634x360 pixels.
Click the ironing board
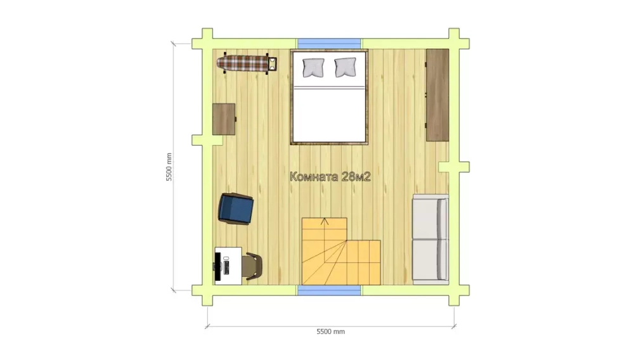[247, 63]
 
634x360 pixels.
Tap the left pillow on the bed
[313, 67]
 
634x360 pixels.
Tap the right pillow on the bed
[346, 67]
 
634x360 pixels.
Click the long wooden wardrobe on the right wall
[437, 95]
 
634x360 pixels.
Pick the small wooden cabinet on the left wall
[224, 119]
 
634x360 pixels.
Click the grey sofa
[430, 238]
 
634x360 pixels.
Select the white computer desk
[228, 266]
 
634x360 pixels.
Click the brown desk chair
[254, 266]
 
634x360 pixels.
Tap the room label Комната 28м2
[330, 177]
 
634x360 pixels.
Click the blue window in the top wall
[329, 43]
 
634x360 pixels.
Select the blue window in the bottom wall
[329, 290]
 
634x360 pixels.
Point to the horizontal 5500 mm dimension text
[330, 331]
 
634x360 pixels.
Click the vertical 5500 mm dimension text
[169, 167]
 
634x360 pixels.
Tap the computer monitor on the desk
[218, 266]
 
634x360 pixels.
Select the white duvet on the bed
[329, 115]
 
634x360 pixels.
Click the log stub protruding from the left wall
[207, 140]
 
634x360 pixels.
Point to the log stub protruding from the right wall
[454, 167]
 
